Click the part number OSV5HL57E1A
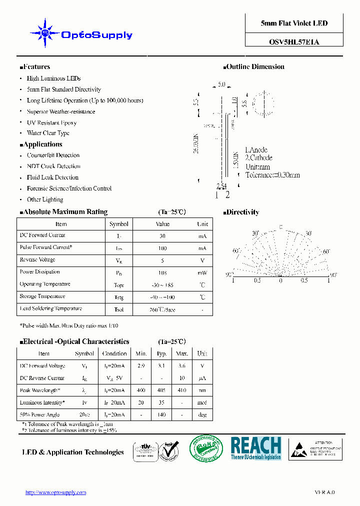point(294,42)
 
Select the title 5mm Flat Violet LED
point(294,23)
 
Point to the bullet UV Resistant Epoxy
point(51,122)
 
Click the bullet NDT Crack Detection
point(53,166)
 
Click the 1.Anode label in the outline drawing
point(256,150)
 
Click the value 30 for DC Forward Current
point(162,236)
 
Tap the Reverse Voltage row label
point(37,260)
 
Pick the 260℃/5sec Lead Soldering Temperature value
point(162,309)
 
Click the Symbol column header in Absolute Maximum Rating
point(119,224)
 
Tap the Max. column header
point(182,353)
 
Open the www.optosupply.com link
point(55,492)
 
